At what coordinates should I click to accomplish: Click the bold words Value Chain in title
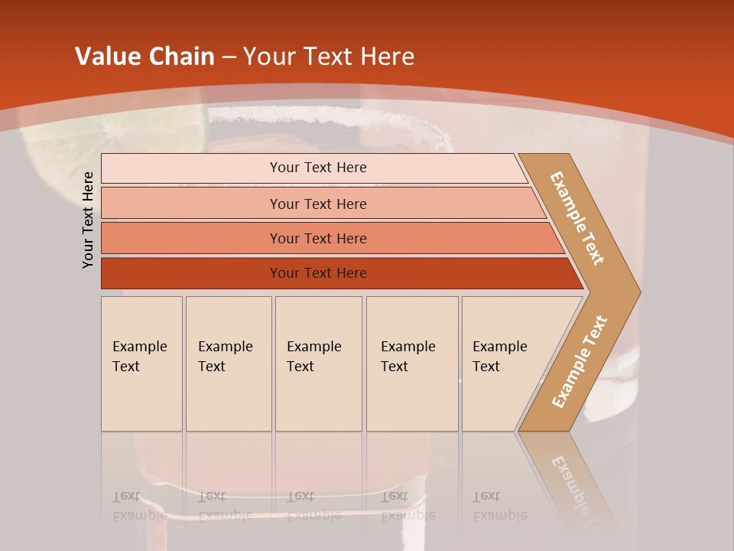(x=145, y=57)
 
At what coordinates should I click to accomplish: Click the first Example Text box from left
(x=141, y=364)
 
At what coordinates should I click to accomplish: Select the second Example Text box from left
(x=228, y=364)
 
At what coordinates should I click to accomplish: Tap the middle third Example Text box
(x=318, y=364)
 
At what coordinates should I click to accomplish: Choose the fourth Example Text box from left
(x=411, y=364)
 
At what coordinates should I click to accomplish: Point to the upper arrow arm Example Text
(x=577, y=218)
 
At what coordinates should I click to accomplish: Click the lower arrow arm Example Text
(x=580, y=361)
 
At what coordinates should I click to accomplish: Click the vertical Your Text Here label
(x=88, y=220)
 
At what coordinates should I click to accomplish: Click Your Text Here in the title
(x=329, y=57)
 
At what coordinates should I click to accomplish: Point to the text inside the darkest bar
(x=318, y=273)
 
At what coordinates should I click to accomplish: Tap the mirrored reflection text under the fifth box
(x=499, y=506)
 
